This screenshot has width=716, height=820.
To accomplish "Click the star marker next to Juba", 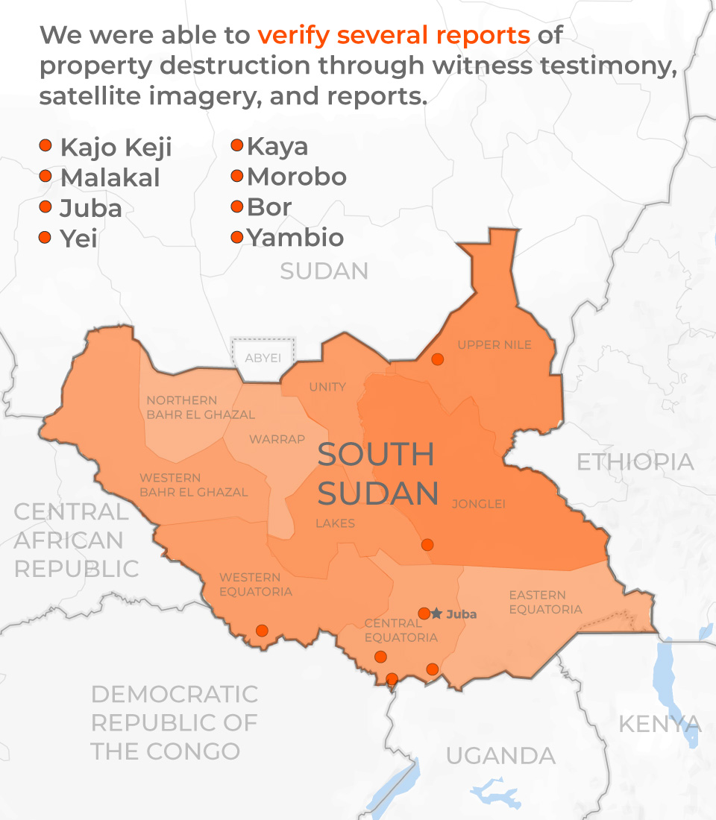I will [x=436, y=614].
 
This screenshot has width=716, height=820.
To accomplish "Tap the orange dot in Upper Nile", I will [x=438, y=359].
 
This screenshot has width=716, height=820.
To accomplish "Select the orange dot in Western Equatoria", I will [x=262, y=631].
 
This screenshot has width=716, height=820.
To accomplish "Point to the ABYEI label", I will [x=263, y=358].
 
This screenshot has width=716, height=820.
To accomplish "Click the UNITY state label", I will [x=327, y=387].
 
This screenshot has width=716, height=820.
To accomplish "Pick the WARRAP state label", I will [x=277, y=439].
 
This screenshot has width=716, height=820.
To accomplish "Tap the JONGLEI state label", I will [x=478, y=504].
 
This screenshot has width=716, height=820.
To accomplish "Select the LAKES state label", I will [x=335, y=523].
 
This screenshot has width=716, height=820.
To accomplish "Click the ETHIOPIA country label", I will [x=635, y=462].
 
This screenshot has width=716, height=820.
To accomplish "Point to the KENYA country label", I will [x=660, y=723].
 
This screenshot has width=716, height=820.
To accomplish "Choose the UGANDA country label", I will [x=500, y=756].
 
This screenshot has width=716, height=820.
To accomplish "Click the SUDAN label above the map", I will [x=324, y=271].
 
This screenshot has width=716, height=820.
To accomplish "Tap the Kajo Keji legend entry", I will [x=116, y=148].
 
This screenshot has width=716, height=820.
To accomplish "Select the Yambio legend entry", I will [x=295, y=238].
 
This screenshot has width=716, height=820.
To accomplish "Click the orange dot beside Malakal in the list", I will [x=45, y=177].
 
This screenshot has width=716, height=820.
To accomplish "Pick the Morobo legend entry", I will [x=297, y=177].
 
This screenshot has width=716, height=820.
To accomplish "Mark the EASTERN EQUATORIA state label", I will [x=545, y=602].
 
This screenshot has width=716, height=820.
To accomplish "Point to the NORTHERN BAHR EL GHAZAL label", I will [x=200, y=407].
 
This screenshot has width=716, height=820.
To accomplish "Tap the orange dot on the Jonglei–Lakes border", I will [x=427, y=545].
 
